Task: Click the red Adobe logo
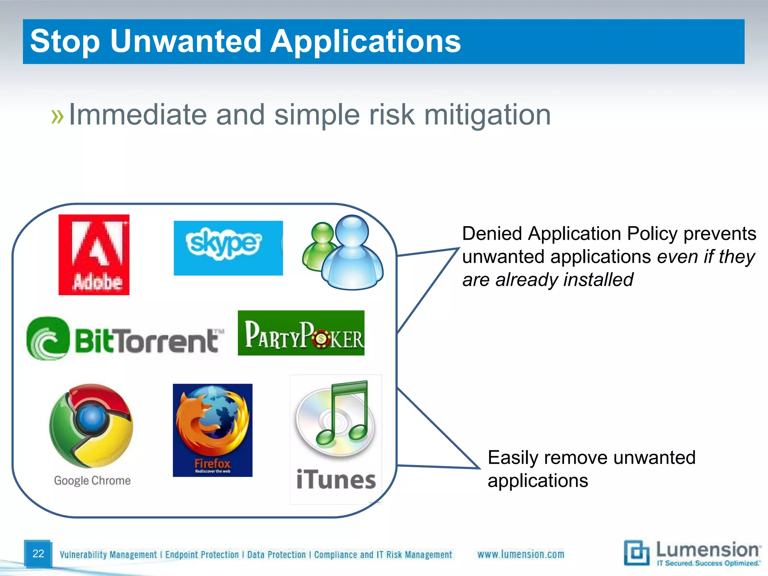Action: pos(94,255)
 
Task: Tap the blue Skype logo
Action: pos(228,248)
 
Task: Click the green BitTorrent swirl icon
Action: pos(48,339)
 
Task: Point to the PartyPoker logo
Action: pos(301,333)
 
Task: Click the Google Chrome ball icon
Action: pos(91,425)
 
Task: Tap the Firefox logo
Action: pos(212,430)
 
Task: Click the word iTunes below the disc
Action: pos(336,480)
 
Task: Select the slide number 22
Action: pos(38,553)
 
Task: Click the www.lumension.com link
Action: pos(520,554)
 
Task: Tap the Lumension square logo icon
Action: pos(636,553)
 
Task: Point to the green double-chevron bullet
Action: pos(57,117)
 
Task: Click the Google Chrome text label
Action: pos(92,480)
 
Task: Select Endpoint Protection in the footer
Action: pos(202,555)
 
